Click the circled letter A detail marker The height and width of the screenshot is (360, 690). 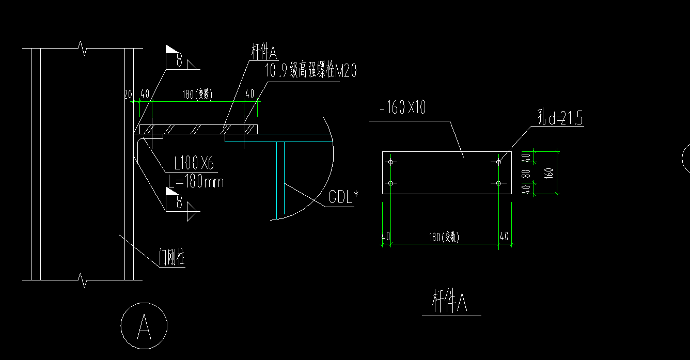click(x=144, y=326)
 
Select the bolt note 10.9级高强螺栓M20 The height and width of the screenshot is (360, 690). click(x=310, y=72)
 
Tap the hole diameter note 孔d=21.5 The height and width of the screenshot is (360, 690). click(x=559, y=119)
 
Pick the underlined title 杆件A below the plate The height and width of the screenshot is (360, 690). click(x=450, y=303)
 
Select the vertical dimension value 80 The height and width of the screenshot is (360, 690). click(x=526, y=173)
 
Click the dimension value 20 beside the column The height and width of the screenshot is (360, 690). click(x=128, y=93)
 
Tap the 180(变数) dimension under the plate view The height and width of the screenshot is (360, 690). click(x=444, y=237)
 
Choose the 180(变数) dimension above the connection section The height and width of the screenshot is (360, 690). click(x=198, y=94)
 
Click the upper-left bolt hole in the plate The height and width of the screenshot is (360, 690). click(x=391, y=162)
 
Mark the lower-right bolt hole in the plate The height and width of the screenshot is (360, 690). click(x=498, y=183)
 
